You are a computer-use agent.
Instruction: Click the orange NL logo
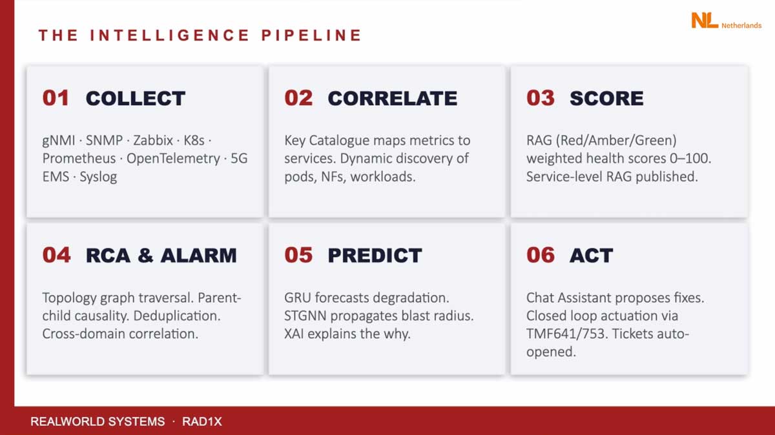point(705,20)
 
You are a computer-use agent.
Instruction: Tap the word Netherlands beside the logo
point(741,25)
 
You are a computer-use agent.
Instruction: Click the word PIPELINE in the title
point(311,35)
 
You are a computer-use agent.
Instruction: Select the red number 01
point(56,98)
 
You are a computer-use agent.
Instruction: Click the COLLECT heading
point(136,98)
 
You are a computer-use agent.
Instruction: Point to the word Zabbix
point(153,141)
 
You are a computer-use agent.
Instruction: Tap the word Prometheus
point(79,158)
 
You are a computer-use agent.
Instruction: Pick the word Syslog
point(98,177)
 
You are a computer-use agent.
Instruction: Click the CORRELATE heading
point(393,98)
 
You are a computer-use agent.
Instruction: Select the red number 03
point(541,98)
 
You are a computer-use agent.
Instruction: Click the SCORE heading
point(607,98)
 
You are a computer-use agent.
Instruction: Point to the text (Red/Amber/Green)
point(616,141)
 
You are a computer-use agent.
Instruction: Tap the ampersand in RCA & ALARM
point(145,255)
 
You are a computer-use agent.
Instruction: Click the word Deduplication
point(176,316)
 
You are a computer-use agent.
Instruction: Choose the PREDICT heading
point(375,255)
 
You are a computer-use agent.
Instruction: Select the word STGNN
point(305,316)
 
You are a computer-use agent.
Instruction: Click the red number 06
point(541,255)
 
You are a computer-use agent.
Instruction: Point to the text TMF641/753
point(566,334)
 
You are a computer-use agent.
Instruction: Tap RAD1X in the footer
point(202,421)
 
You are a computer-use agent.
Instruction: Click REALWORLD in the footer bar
point(67,421)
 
